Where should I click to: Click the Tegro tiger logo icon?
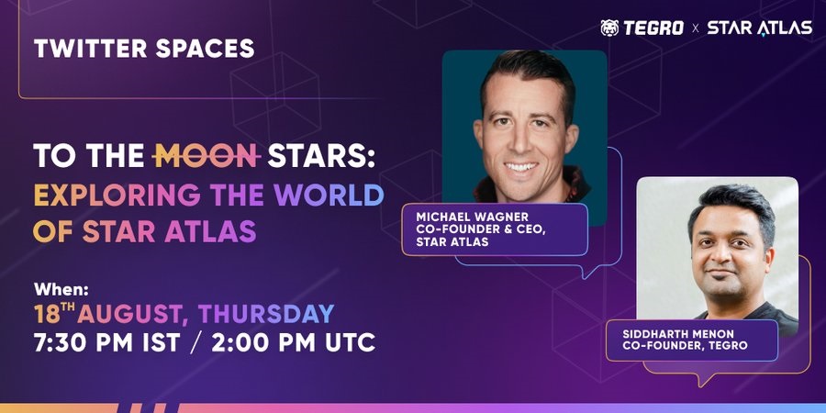coord(609,28)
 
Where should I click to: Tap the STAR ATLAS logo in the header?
coord(760,28)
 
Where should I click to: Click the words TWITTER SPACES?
coord(144,49)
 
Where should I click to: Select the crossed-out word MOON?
coord(207,156)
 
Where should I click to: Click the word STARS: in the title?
coord(321,156)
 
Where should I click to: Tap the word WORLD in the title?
coord(329,195)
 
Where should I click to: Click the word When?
coord(61,289)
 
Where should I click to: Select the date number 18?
coord(47,315)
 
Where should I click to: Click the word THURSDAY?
coord(266,314)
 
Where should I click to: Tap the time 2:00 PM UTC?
coord(294,342)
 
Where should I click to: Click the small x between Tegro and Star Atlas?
coord(696,28)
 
